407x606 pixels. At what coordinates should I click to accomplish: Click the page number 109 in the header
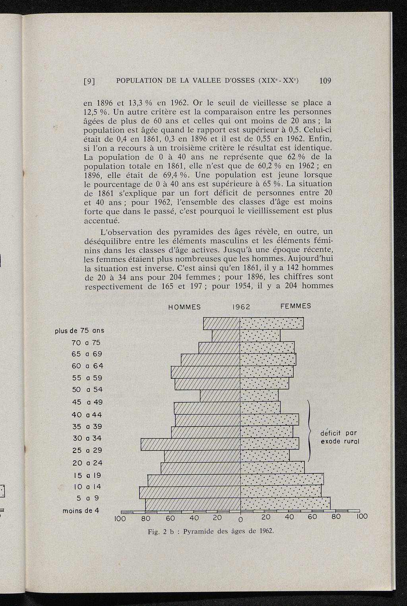325,81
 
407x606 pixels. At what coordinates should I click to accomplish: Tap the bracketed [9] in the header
89,81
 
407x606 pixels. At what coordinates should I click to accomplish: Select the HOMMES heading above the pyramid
184,307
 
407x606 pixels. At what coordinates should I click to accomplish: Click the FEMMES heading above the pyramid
296,306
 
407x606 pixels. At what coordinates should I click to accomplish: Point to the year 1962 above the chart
241,307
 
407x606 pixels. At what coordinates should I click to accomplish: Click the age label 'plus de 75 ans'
79,331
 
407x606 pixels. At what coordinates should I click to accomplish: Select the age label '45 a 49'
87,402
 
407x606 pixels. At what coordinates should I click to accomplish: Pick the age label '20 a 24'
87,463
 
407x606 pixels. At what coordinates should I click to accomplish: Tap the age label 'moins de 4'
81,511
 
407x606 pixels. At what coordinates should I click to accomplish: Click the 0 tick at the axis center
240,519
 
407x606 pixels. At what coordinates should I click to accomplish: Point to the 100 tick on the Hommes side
120,518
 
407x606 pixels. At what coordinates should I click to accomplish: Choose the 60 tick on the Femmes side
312,517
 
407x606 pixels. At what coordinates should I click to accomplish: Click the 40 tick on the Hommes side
194,518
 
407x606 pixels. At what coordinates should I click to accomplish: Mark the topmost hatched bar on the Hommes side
222,323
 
